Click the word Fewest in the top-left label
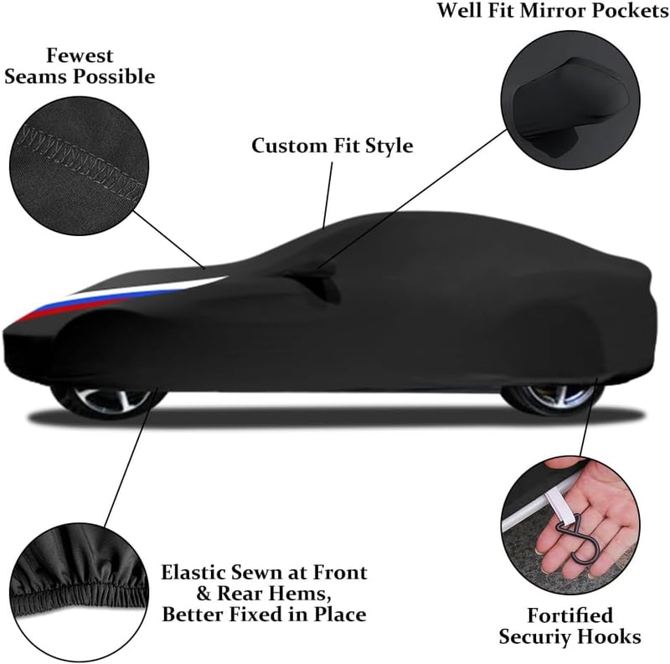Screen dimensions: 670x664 click(x=80, y=55)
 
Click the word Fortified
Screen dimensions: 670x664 click(x=569, y=615)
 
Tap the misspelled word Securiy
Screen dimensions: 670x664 click(x=536, y=637)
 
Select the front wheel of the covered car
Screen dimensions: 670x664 click(x=107, y=399)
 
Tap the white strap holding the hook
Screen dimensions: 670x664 click(x=554, y=507)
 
